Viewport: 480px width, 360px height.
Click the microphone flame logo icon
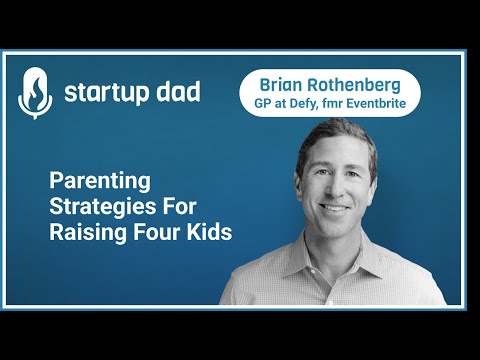tap(35, 94)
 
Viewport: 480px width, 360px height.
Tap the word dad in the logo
tap(177, 93)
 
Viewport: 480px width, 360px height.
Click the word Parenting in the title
tap(100, 183)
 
